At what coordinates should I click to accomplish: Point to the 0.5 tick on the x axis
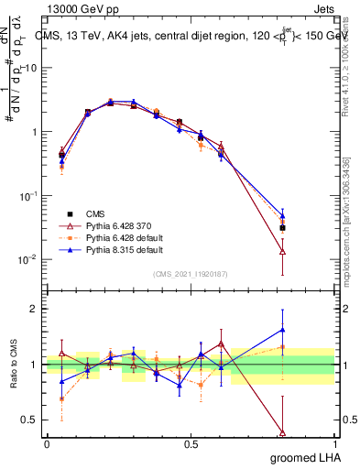[191, 444]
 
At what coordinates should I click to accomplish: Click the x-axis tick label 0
[47, 444]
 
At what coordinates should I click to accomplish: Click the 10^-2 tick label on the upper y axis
[27, 259]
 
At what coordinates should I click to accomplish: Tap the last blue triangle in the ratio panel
[282, 330]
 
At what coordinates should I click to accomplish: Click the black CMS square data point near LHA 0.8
[282, 228]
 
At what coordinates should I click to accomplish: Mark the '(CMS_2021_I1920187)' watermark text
[191, 272]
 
